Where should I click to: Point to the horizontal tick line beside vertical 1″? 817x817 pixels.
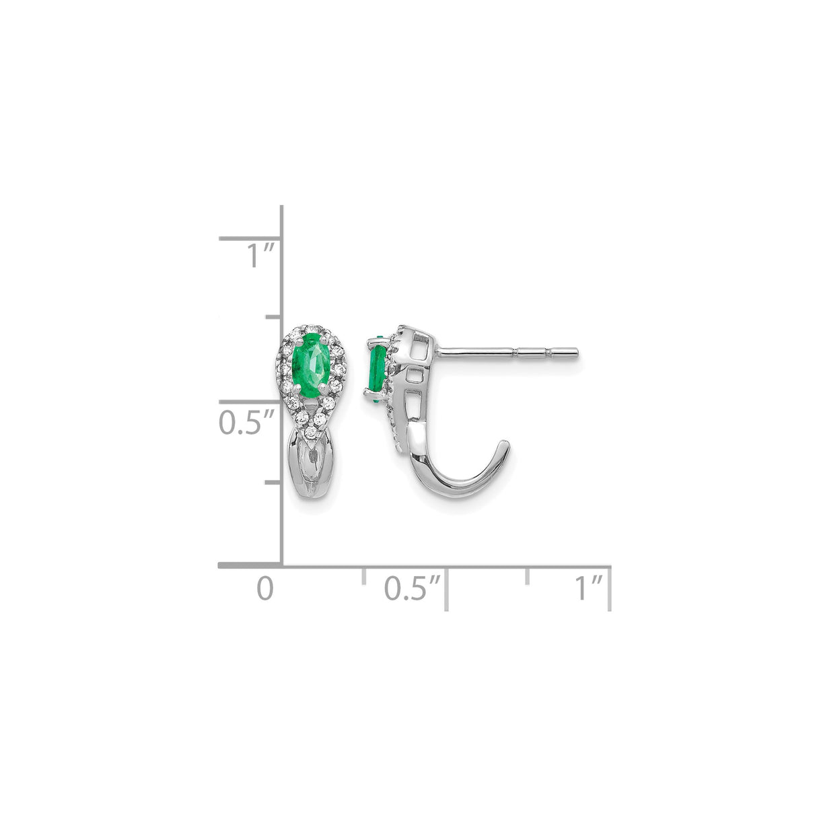pos(249,238)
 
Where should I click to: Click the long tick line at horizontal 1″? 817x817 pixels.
pos(610,589)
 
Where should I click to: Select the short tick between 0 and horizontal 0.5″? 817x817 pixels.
pos(363,574)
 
